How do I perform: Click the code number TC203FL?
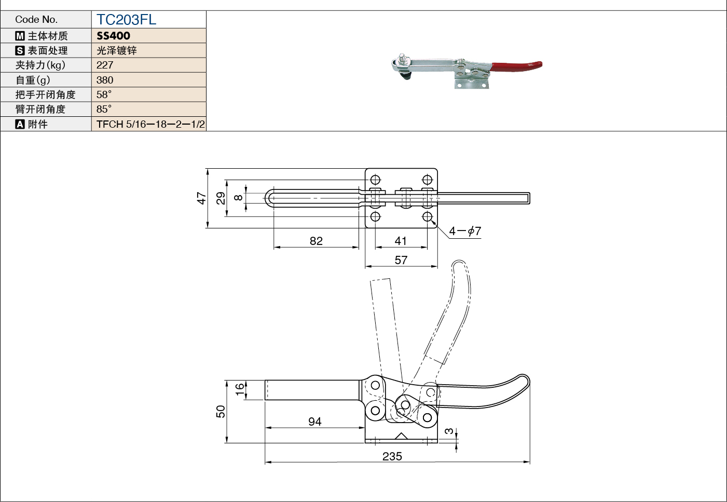tap(126, 20)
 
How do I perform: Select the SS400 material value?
tap(113, 36)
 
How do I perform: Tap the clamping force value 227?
tap(105, 65)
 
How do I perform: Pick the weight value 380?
tap(105, 80)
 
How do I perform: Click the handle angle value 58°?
tap(104, 94)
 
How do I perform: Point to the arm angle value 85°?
tap(104, 109)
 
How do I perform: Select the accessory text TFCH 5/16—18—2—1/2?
tap(150, 124)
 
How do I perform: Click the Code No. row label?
tap(36, 20)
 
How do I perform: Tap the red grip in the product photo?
tap(517, 66)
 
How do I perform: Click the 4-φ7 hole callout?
tap(465, 231)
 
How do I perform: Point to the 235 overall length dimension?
tap(392, 456)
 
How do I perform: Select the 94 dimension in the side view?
tap(315, 422)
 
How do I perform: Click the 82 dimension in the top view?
tap(316, 241)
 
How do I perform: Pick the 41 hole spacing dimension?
tap(401, 241)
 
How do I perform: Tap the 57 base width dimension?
tap(401, 260)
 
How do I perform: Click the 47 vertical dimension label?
tap(201, 198)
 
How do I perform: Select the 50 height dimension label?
tap(221, 411)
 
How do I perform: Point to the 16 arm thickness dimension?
tap(240, 389)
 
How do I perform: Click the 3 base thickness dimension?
tap(449, 431)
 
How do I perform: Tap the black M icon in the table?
tap(20, 36)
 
